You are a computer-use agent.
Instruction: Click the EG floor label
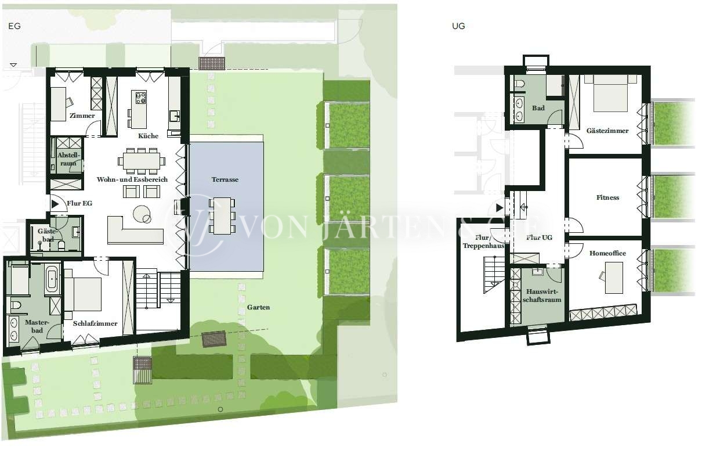tap(15, 26)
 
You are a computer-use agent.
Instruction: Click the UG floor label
tap(458, 26)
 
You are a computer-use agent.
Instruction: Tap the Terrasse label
tap(225, 179)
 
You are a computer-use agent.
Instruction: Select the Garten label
tap(258, 307)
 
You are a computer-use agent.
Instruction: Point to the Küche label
tap(148, 136)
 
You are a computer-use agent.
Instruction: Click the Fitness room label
tap(607, 197)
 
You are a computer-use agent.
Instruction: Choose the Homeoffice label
tap(607, 253)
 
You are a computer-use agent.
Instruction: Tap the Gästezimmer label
tap(607, 131)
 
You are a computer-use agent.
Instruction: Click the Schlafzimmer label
tap(95, 323)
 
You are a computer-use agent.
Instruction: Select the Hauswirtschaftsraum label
tap(542, 296)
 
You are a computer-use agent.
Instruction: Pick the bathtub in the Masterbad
tap(52, 278)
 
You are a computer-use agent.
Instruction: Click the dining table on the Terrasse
tap(222, 216)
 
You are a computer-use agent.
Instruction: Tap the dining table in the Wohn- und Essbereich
tap(142, 161)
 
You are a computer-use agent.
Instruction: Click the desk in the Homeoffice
tap(614, 278)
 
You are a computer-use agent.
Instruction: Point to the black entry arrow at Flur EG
tap(55, 204)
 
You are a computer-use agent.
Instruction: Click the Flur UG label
tap(539, 237)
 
